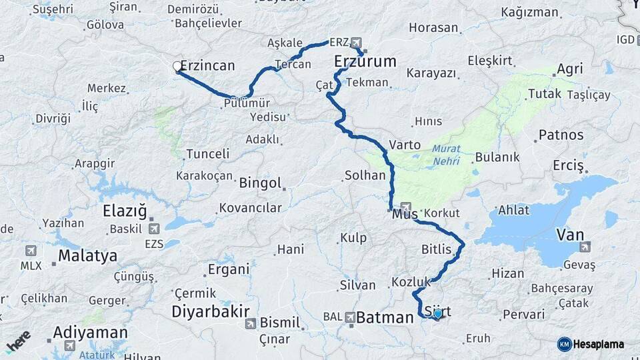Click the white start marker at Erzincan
[177, 66]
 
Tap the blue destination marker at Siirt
[437, 313]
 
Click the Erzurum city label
[365, 62]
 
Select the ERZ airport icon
[355, 42]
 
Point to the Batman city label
[385, 318]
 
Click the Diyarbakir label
[211, 311]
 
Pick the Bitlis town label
[437, 250]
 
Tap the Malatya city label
[87, 255]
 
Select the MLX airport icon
[31, 251]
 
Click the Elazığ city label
[125, 212]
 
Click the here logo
[18, 341]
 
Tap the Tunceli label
[207, 154]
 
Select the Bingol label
[260, 183]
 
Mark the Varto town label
[405, 145]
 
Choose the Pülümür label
[247, 103]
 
